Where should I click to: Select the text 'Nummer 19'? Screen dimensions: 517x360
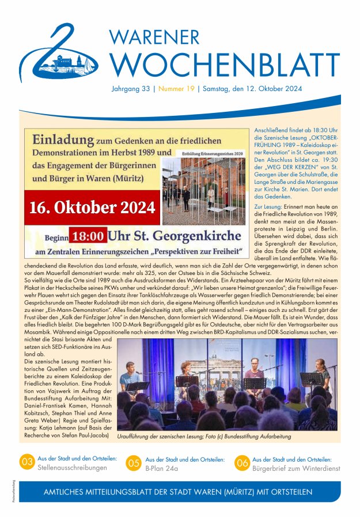pyautogui.click(x=176, y=89)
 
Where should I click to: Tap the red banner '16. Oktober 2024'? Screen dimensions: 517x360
pyautogui.click(x=91, y=206)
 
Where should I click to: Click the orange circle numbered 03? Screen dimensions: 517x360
pyautogui.click(x=26, y=462)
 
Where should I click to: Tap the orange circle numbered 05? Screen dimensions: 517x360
pyautogui.click(x=134, y=463)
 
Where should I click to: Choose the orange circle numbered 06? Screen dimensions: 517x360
pyautogui.click(x=242, y=463)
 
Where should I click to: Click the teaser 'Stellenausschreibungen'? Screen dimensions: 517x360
pyautogui.click(x=72, y=467)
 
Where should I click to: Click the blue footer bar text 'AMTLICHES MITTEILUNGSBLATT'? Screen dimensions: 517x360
pyautogui.click(x=109, y=492)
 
